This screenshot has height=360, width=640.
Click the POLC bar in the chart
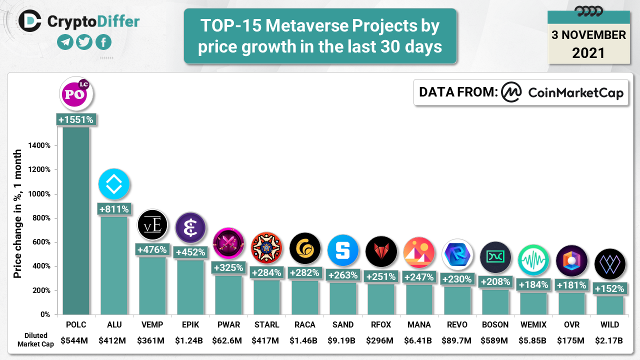(76, 220)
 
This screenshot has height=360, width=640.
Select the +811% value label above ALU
(114, 208)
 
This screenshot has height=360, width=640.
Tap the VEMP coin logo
(152, 225)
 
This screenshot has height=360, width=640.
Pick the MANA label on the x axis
(419, 324)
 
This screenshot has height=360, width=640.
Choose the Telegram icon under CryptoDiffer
(65, 42)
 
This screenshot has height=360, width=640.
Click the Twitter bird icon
(84, 42)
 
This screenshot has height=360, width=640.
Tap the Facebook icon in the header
(103, 42)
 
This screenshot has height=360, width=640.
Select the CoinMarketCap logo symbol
(511, 92)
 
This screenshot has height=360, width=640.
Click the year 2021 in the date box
(588, 52)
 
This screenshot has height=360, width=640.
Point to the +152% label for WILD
(609, 288)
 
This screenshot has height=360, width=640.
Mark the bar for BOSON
(495, 302)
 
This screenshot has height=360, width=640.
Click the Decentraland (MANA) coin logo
(419, 252)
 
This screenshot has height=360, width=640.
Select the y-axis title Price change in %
(17, 213)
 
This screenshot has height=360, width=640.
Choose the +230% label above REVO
(457, 279)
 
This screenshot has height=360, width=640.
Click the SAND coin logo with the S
(343, 250)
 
